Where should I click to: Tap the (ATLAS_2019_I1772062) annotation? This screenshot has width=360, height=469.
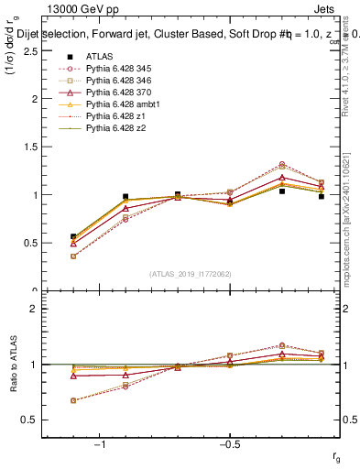[x=190, y=273]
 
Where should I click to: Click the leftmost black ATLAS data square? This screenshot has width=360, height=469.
[x=73, y=236]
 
